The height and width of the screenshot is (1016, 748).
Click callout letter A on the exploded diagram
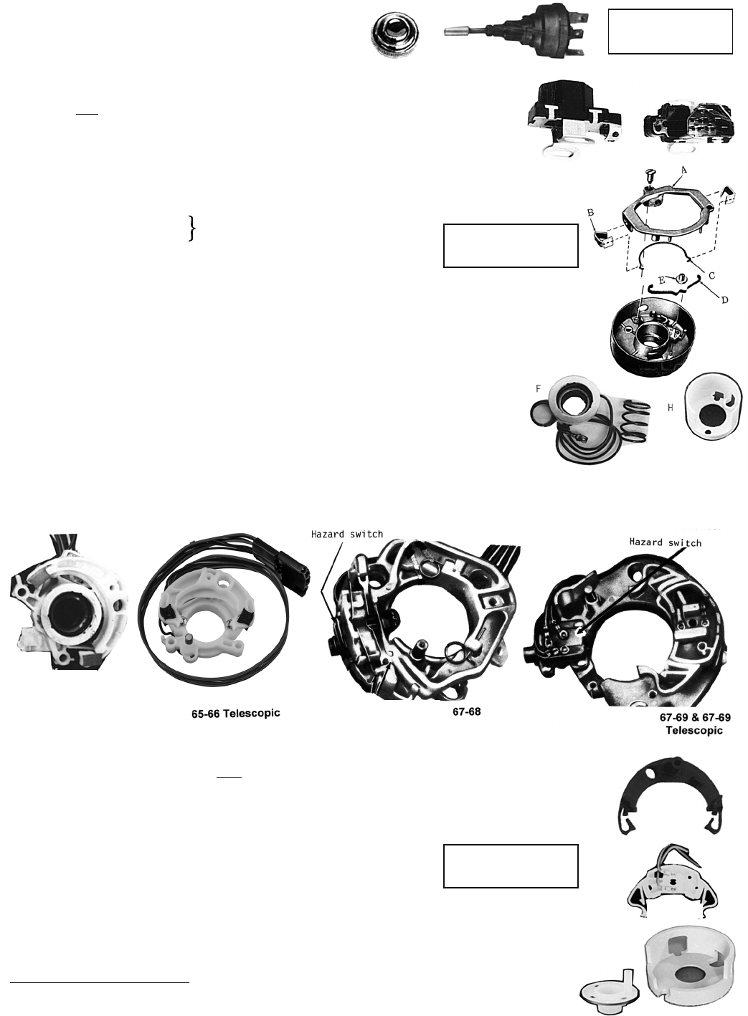(683, 171)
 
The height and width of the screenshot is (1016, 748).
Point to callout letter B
(591, 212)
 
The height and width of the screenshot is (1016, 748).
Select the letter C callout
(711, 275)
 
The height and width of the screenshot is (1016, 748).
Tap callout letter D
(725, 299)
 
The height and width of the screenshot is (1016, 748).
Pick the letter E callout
(662, 281)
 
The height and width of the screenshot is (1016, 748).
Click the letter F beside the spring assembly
(539, 389)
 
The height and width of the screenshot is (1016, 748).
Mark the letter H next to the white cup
(671, 408)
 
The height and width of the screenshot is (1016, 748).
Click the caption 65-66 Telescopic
(235, 713)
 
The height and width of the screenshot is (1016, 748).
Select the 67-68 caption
(466, 711)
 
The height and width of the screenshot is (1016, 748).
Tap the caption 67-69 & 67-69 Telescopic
(695, 724)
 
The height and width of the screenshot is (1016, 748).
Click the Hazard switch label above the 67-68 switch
(347, 535)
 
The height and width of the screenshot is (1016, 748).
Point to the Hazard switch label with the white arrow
(666, 542)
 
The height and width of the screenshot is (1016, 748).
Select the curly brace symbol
(192, 228)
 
